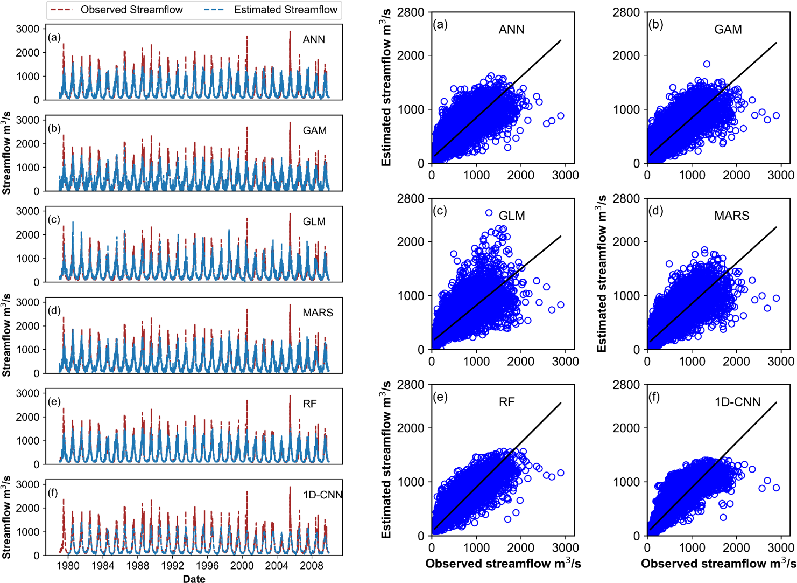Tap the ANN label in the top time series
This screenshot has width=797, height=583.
(314, 39)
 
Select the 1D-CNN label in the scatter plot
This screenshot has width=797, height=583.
(737, 402)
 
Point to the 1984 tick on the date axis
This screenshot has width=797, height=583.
(103, 565)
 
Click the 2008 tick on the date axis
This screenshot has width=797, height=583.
(312, 565)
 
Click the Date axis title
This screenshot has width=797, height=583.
(194, 579)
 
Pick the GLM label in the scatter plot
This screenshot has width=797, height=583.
(512, 216)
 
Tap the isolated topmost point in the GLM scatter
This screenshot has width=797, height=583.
(489, 213)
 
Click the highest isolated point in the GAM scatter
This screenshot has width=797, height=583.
(707, 64)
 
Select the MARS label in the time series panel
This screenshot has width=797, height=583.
(318, 313)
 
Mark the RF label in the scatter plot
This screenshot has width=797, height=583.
(506, 402)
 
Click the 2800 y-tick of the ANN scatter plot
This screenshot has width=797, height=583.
(411, 12)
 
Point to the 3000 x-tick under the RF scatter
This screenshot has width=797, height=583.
(565, 547)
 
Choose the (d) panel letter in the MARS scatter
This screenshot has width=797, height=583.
(655, 211)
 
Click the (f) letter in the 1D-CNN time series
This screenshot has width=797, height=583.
(53, 492)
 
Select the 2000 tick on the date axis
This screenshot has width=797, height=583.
(242, 565)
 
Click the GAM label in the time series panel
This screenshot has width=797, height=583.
(314, 130)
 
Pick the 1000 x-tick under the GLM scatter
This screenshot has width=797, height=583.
(476, 362)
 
